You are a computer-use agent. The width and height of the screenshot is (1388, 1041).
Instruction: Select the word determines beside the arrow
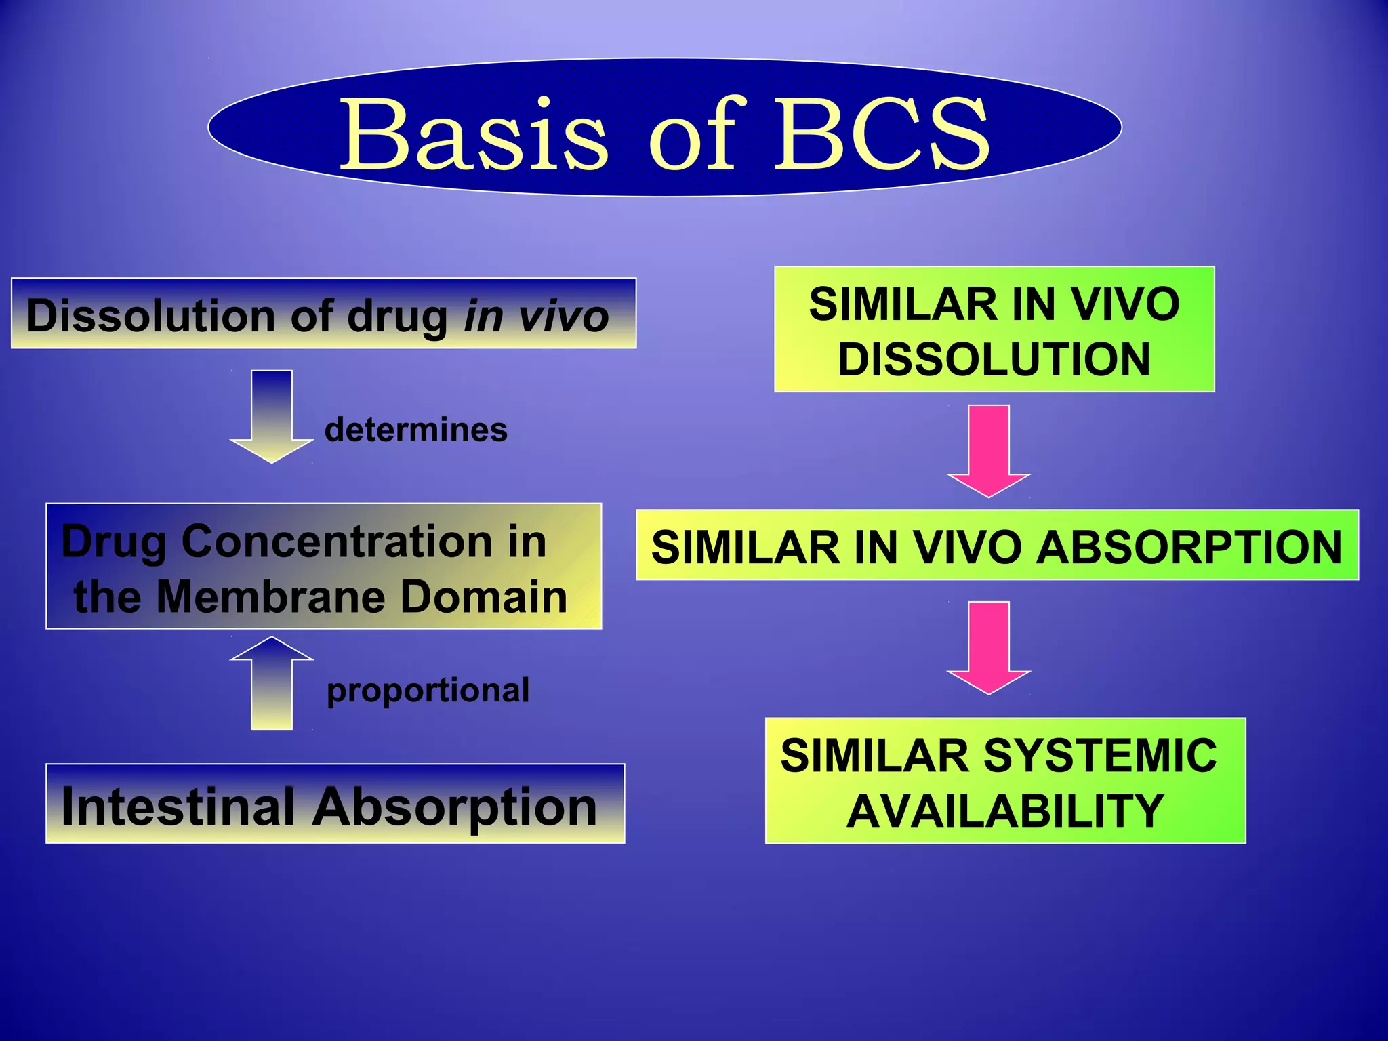pos(415,430)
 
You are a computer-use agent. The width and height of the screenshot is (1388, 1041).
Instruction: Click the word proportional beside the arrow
pos(428,691)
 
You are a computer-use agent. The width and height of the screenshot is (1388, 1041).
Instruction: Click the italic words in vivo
pos(536,317)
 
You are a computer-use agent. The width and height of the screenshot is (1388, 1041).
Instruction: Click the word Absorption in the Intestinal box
pos(454,808)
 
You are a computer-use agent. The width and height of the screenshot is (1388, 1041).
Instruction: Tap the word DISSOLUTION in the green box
pos(994,359)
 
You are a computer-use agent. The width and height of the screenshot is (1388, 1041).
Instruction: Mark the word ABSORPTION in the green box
pos(1189,547)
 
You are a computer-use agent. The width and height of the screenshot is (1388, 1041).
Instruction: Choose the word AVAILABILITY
pos(1005,811)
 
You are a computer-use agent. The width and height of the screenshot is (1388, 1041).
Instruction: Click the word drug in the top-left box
pos(397,317)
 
